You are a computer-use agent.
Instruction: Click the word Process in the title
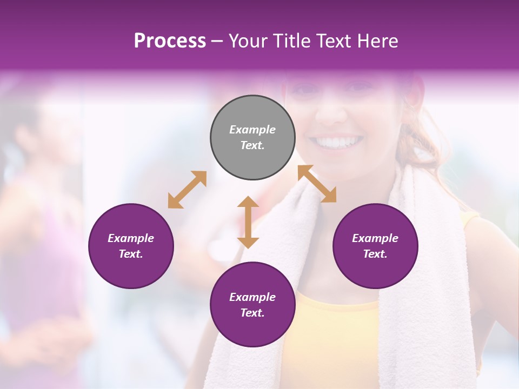tap(170, 41)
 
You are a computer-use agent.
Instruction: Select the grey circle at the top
tap(252, 137)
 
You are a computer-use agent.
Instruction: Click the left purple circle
tap(131, 246)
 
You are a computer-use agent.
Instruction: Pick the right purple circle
tap(375, 246)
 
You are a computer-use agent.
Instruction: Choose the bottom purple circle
tap(252, 305)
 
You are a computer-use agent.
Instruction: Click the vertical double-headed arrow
tap(248, 222)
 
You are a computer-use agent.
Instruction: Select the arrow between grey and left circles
tap(187, 190)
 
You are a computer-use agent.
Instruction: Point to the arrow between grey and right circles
tap(317, 184)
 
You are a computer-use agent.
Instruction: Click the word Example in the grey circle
tap(252, 130)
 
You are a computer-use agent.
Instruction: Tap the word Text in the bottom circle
tap(252, 313)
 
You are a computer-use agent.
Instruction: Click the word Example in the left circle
tap(131, 238)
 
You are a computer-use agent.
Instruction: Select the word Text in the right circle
tap(375, 254)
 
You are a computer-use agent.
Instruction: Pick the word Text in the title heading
tap(330, 41)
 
